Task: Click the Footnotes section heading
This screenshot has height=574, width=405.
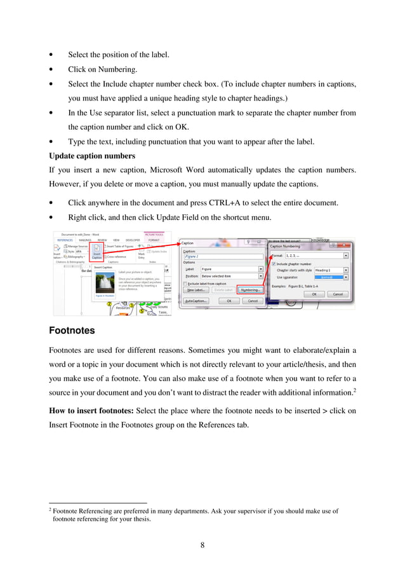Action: click(72, 331)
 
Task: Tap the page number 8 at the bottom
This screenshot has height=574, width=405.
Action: click(202, 544)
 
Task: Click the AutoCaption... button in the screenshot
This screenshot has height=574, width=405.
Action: click(196, 301)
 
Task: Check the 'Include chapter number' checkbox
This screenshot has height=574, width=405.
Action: click(274, 263)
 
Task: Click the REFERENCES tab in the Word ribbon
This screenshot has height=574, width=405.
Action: click(63, 240)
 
